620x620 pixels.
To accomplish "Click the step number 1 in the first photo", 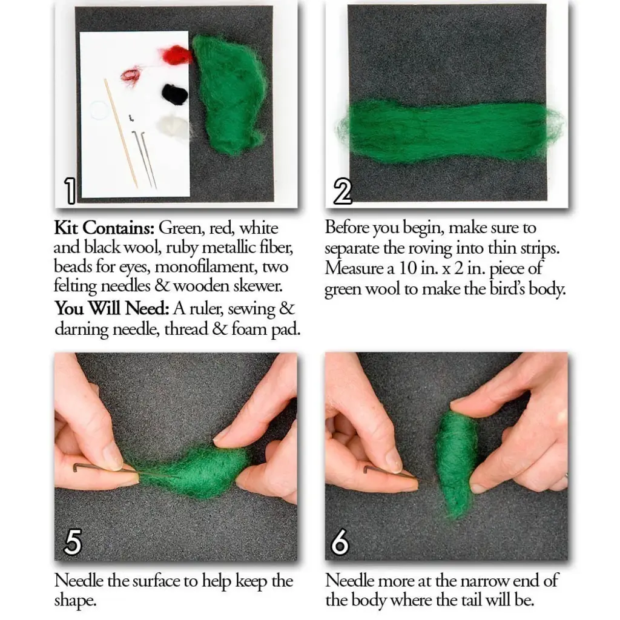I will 70,190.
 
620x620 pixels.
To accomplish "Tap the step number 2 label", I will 342,191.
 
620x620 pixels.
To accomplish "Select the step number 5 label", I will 73,542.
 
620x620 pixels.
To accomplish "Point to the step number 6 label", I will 341,542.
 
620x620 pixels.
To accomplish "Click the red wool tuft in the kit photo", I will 177,56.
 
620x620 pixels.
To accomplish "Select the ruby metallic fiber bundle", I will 131,76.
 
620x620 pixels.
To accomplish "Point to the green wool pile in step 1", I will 229,91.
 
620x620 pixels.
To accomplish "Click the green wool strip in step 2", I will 448,130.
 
